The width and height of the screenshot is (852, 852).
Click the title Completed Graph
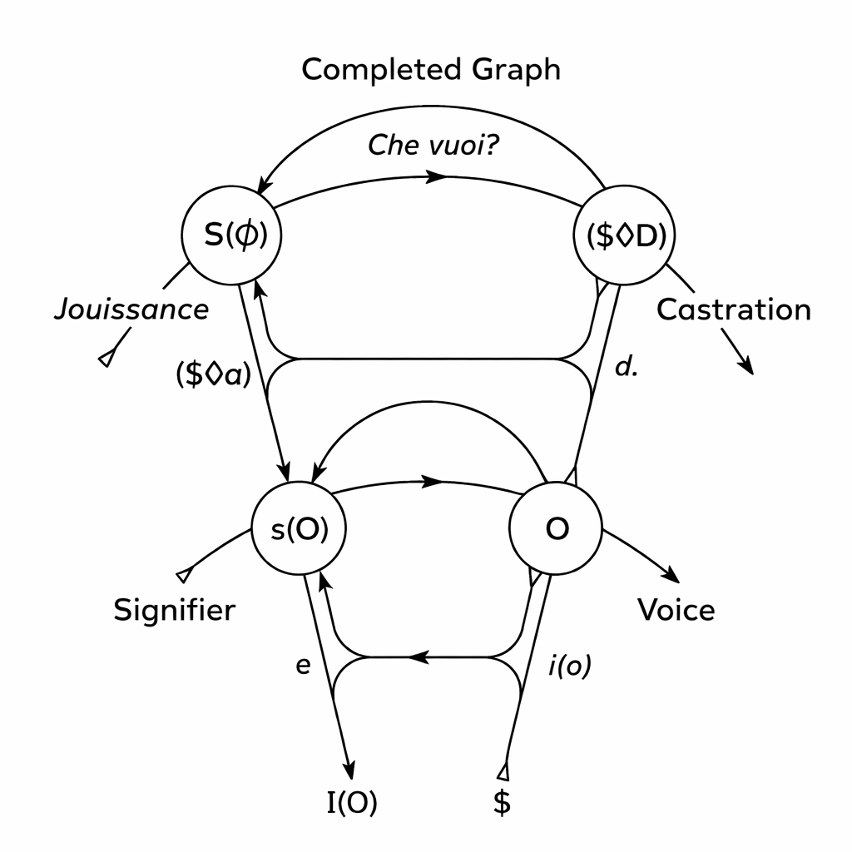(430, 70)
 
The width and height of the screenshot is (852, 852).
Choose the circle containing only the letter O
(557, 530)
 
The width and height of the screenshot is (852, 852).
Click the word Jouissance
(131, 310)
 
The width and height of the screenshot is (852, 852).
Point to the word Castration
(733, 310)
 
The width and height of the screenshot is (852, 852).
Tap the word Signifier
(175, 611)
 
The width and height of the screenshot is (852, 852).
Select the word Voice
(676, 611)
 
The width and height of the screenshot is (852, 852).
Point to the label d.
(626, 367)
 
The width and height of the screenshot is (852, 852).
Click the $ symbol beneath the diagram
(502, 803)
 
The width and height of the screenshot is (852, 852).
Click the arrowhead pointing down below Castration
(748, 366)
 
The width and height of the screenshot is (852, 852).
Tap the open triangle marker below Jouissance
(106, 358)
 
